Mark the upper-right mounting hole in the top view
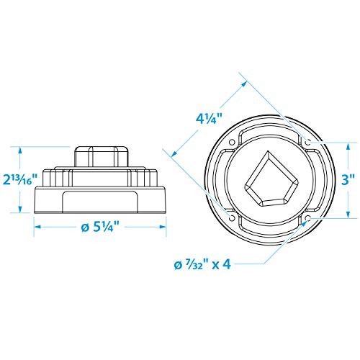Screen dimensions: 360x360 (307, 143)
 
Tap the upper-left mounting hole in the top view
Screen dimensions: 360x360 (230, 143)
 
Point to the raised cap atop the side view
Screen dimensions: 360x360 (102, 154)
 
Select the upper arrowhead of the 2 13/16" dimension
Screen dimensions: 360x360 (20, 149)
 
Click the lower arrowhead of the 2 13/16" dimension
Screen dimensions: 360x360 (20, 212)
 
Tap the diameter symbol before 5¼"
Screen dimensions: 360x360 (86, 226)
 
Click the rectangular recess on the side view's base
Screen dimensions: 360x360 (101, 202)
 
